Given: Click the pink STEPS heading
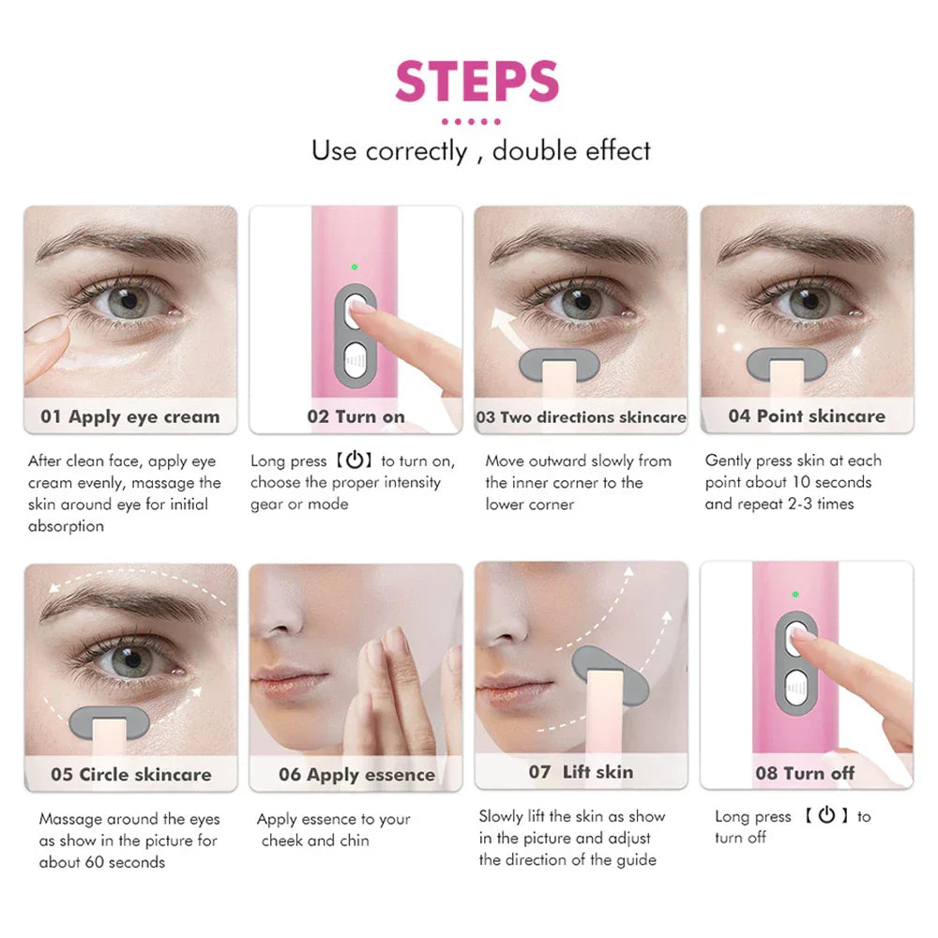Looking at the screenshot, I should [477, 82].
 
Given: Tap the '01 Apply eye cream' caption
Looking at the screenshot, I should [130, 416].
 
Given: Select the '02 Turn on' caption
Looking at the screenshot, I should [356, 416].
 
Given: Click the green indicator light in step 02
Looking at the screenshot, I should [355, 267].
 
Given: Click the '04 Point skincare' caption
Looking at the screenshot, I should [807, 416].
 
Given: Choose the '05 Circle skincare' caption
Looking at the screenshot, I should [131, 774].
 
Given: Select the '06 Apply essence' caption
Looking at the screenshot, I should [356, 775].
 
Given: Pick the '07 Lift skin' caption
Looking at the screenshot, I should [581, 772].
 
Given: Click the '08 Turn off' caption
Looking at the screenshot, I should [805, 774].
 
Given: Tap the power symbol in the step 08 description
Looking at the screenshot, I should [826, 815].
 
